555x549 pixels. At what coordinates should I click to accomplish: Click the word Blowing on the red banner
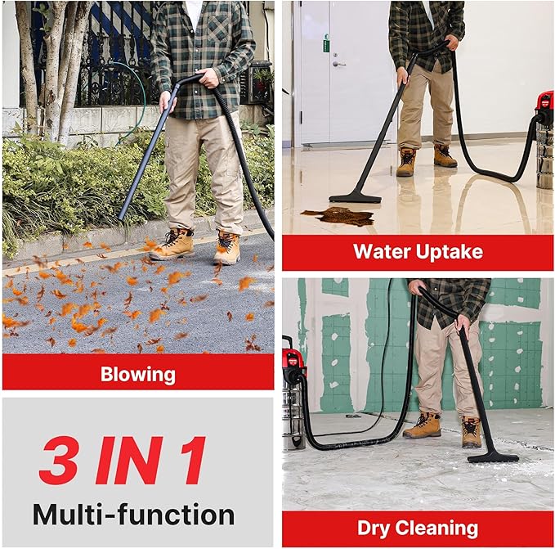137,375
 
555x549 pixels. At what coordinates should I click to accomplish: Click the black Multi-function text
133,514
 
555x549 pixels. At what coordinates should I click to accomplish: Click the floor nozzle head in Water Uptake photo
355,197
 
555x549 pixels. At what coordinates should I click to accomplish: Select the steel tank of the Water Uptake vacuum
544,155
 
